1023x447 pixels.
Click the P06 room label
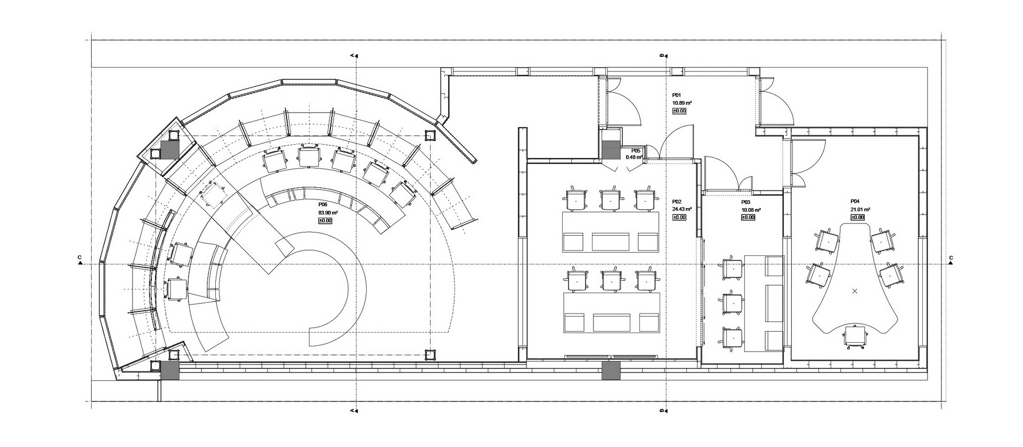click(323, 204)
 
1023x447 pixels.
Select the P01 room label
click(677, 95)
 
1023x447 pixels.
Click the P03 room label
click(746, 202)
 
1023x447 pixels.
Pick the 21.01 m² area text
click(860, 210)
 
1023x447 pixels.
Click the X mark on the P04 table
click(855, 291)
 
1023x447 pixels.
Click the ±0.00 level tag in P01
click(679, 111)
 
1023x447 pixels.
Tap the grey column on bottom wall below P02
click(611, 370)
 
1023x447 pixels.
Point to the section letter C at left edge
click(79, 258)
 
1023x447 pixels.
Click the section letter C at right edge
click(951, 258)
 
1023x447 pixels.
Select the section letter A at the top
click(352, 55)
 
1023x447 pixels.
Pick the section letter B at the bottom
click(662, 410)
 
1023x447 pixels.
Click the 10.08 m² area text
click(751, 210)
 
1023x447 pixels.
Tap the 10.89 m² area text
click(682, 103)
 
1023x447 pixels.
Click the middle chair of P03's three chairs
click(732, 302)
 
